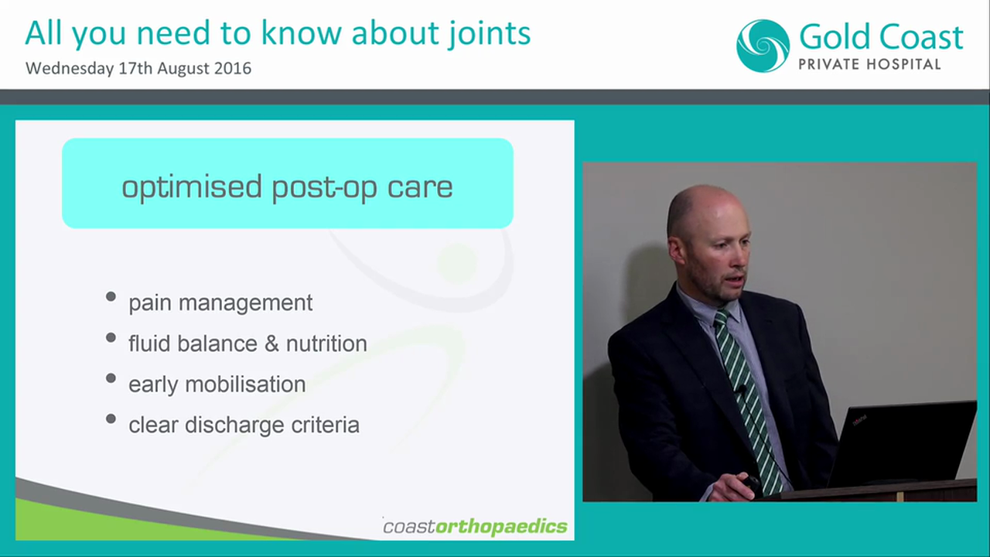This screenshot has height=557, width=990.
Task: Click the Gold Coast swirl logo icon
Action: point(763,46)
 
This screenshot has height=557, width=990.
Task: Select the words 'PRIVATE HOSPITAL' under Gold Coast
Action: point(869,64)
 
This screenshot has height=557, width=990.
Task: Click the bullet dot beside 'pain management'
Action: point(111,297)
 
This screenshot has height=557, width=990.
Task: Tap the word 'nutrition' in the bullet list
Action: point(326,343)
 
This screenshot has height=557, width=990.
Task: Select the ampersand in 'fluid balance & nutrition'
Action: point(271,343)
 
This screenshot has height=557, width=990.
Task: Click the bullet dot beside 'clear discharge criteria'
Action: point(111,420)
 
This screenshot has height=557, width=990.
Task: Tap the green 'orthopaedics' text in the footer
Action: point(501,527)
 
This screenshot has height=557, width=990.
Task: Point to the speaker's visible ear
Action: point(677,250)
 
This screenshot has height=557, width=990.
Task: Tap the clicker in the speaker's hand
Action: point(750,484)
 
